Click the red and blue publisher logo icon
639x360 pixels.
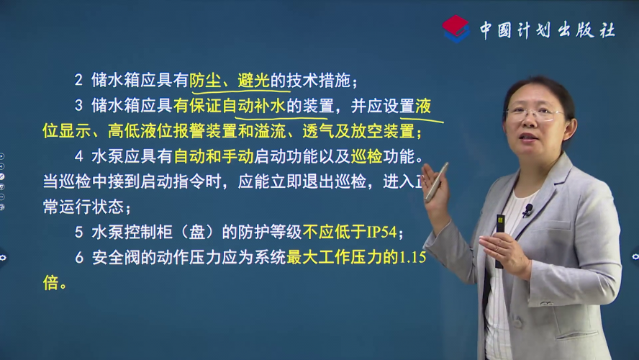click(456, 29)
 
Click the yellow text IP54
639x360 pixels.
click(381, 233)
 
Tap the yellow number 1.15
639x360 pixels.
click(412, 257)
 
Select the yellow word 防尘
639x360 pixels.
click(205, 81)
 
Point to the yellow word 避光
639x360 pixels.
click(253, 81)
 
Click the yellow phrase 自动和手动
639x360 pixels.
click(214, 156)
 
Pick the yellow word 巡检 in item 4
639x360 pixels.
click(366, 156)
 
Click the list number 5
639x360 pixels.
click(78, 233)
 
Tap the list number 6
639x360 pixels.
click(79, 258)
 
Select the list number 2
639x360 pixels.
click(78, 81)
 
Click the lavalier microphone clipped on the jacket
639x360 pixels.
click(527, 210)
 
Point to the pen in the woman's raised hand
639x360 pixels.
click(437, 181)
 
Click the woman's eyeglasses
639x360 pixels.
click(533, 114)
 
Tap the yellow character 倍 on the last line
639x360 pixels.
click(50, 283)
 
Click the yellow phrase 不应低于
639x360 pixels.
click(334, 233)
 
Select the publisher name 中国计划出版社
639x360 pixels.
click(548, 30)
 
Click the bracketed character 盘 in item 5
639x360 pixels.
click(197, 233)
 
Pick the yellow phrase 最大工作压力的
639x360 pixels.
click(343, 257)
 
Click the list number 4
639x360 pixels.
click(78, 156)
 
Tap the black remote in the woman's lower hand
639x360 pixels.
click(500, 241)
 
